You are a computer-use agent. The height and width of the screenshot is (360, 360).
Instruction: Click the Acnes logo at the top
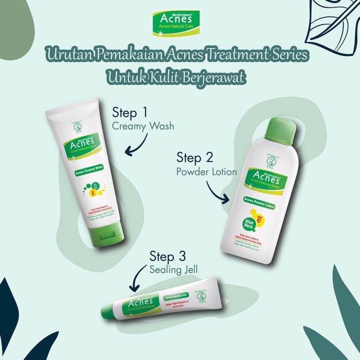pos(180,21)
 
